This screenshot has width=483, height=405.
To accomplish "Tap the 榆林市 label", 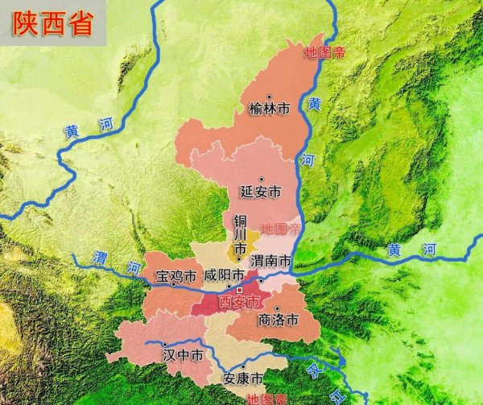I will [268, 109].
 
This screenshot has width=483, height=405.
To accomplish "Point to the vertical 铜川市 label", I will [239, 235].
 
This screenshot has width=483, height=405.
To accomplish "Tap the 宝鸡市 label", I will [175, 277].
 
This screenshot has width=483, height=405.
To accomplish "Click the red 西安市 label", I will [239, 302].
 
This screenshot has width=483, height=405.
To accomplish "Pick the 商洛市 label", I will [279, 320].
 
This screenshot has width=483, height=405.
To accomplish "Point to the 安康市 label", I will [244, 378].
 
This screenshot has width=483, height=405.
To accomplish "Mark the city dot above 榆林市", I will [269, 97].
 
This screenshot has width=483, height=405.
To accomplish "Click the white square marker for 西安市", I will [239, 290].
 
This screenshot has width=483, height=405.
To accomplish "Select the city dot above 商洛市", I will [275, 308].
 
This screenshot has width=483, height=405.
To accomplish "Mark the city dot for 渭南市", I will [260, 280].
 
